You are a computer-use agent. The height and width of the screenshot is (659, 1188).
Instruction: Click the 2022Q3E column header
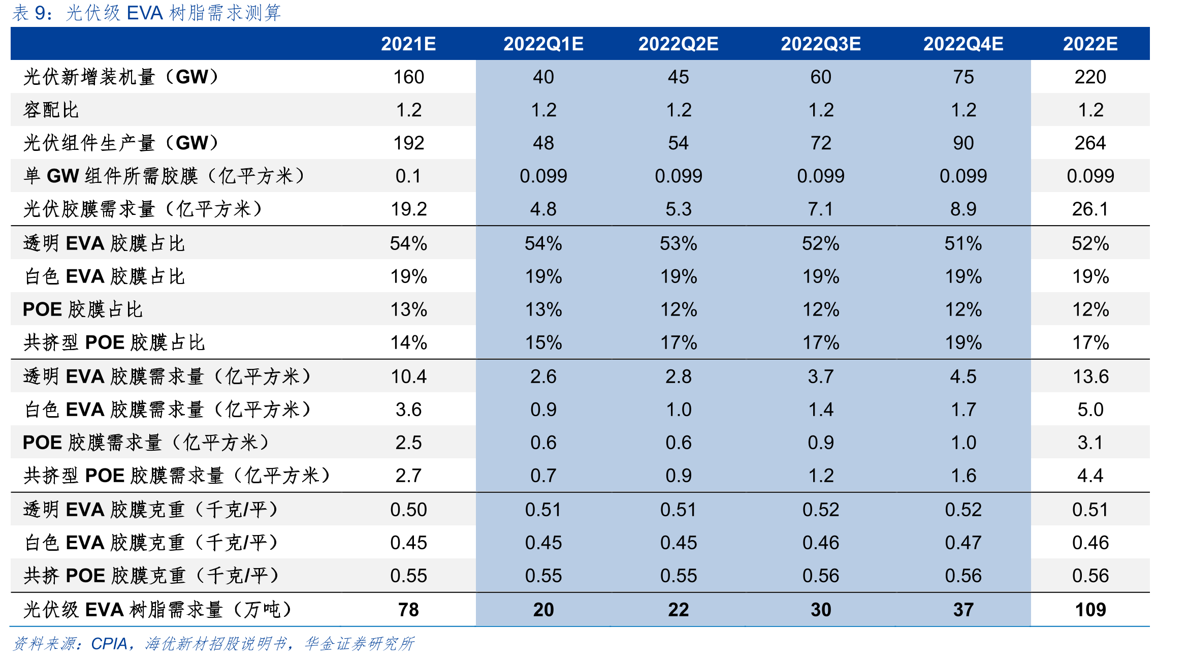820,44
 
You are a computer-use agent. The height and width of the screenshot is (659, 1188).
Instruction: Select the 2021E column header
408,44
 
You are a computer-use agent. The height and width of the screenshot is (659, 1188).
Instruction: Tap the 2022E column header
1090,44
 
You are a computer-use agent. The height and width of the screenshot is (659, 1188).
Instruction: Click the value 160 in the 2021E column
408,77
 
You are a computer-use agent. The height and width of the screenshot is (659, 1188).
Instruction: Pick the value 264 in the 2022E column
1090,143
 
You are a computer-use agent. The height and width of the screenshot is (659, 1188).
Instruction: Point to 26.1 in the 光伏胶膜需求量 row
1090,209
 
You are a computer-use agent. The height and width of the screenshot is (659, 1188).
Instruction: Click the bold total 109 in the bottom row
1090,609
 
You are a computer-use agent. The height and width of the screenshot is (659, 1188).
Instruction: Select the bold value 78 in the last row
408,609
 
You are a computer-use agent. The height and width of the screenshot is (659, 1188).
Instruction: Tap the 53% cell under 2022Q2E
678,243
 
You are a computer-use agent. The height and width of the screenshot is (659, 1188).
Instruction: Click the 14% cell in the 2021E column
408,342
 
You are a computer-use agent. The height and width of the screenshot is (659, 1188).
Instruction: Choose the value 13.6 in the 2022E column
1090,376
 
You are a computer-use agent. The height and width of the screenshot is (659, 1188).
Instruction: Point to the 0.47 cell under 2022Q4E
963,543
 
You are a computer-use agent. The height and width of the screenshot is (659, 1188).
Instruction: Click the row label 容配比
51,110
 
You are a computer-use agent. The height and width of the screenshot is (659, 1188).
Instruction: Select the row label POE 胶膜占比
83,309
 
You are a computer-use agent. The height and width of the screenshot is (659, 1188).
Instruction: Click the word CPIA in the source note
109,644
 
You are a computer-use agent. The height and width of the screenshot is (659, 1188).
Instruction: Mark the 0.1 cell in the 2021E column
408,176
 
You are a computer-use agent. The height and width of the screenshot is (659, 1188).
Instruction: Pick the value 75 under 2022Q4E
963,77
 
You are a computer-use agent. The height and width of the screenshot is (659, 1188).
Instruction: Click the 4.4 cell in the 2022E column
1090,476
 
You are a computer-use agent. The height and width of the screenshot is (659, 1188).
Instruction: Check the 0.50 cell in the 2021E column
408,510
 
